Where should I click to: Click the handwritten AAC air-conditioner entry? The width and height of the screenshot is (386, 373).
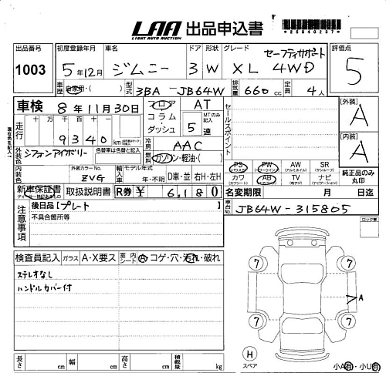point(186,145)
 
